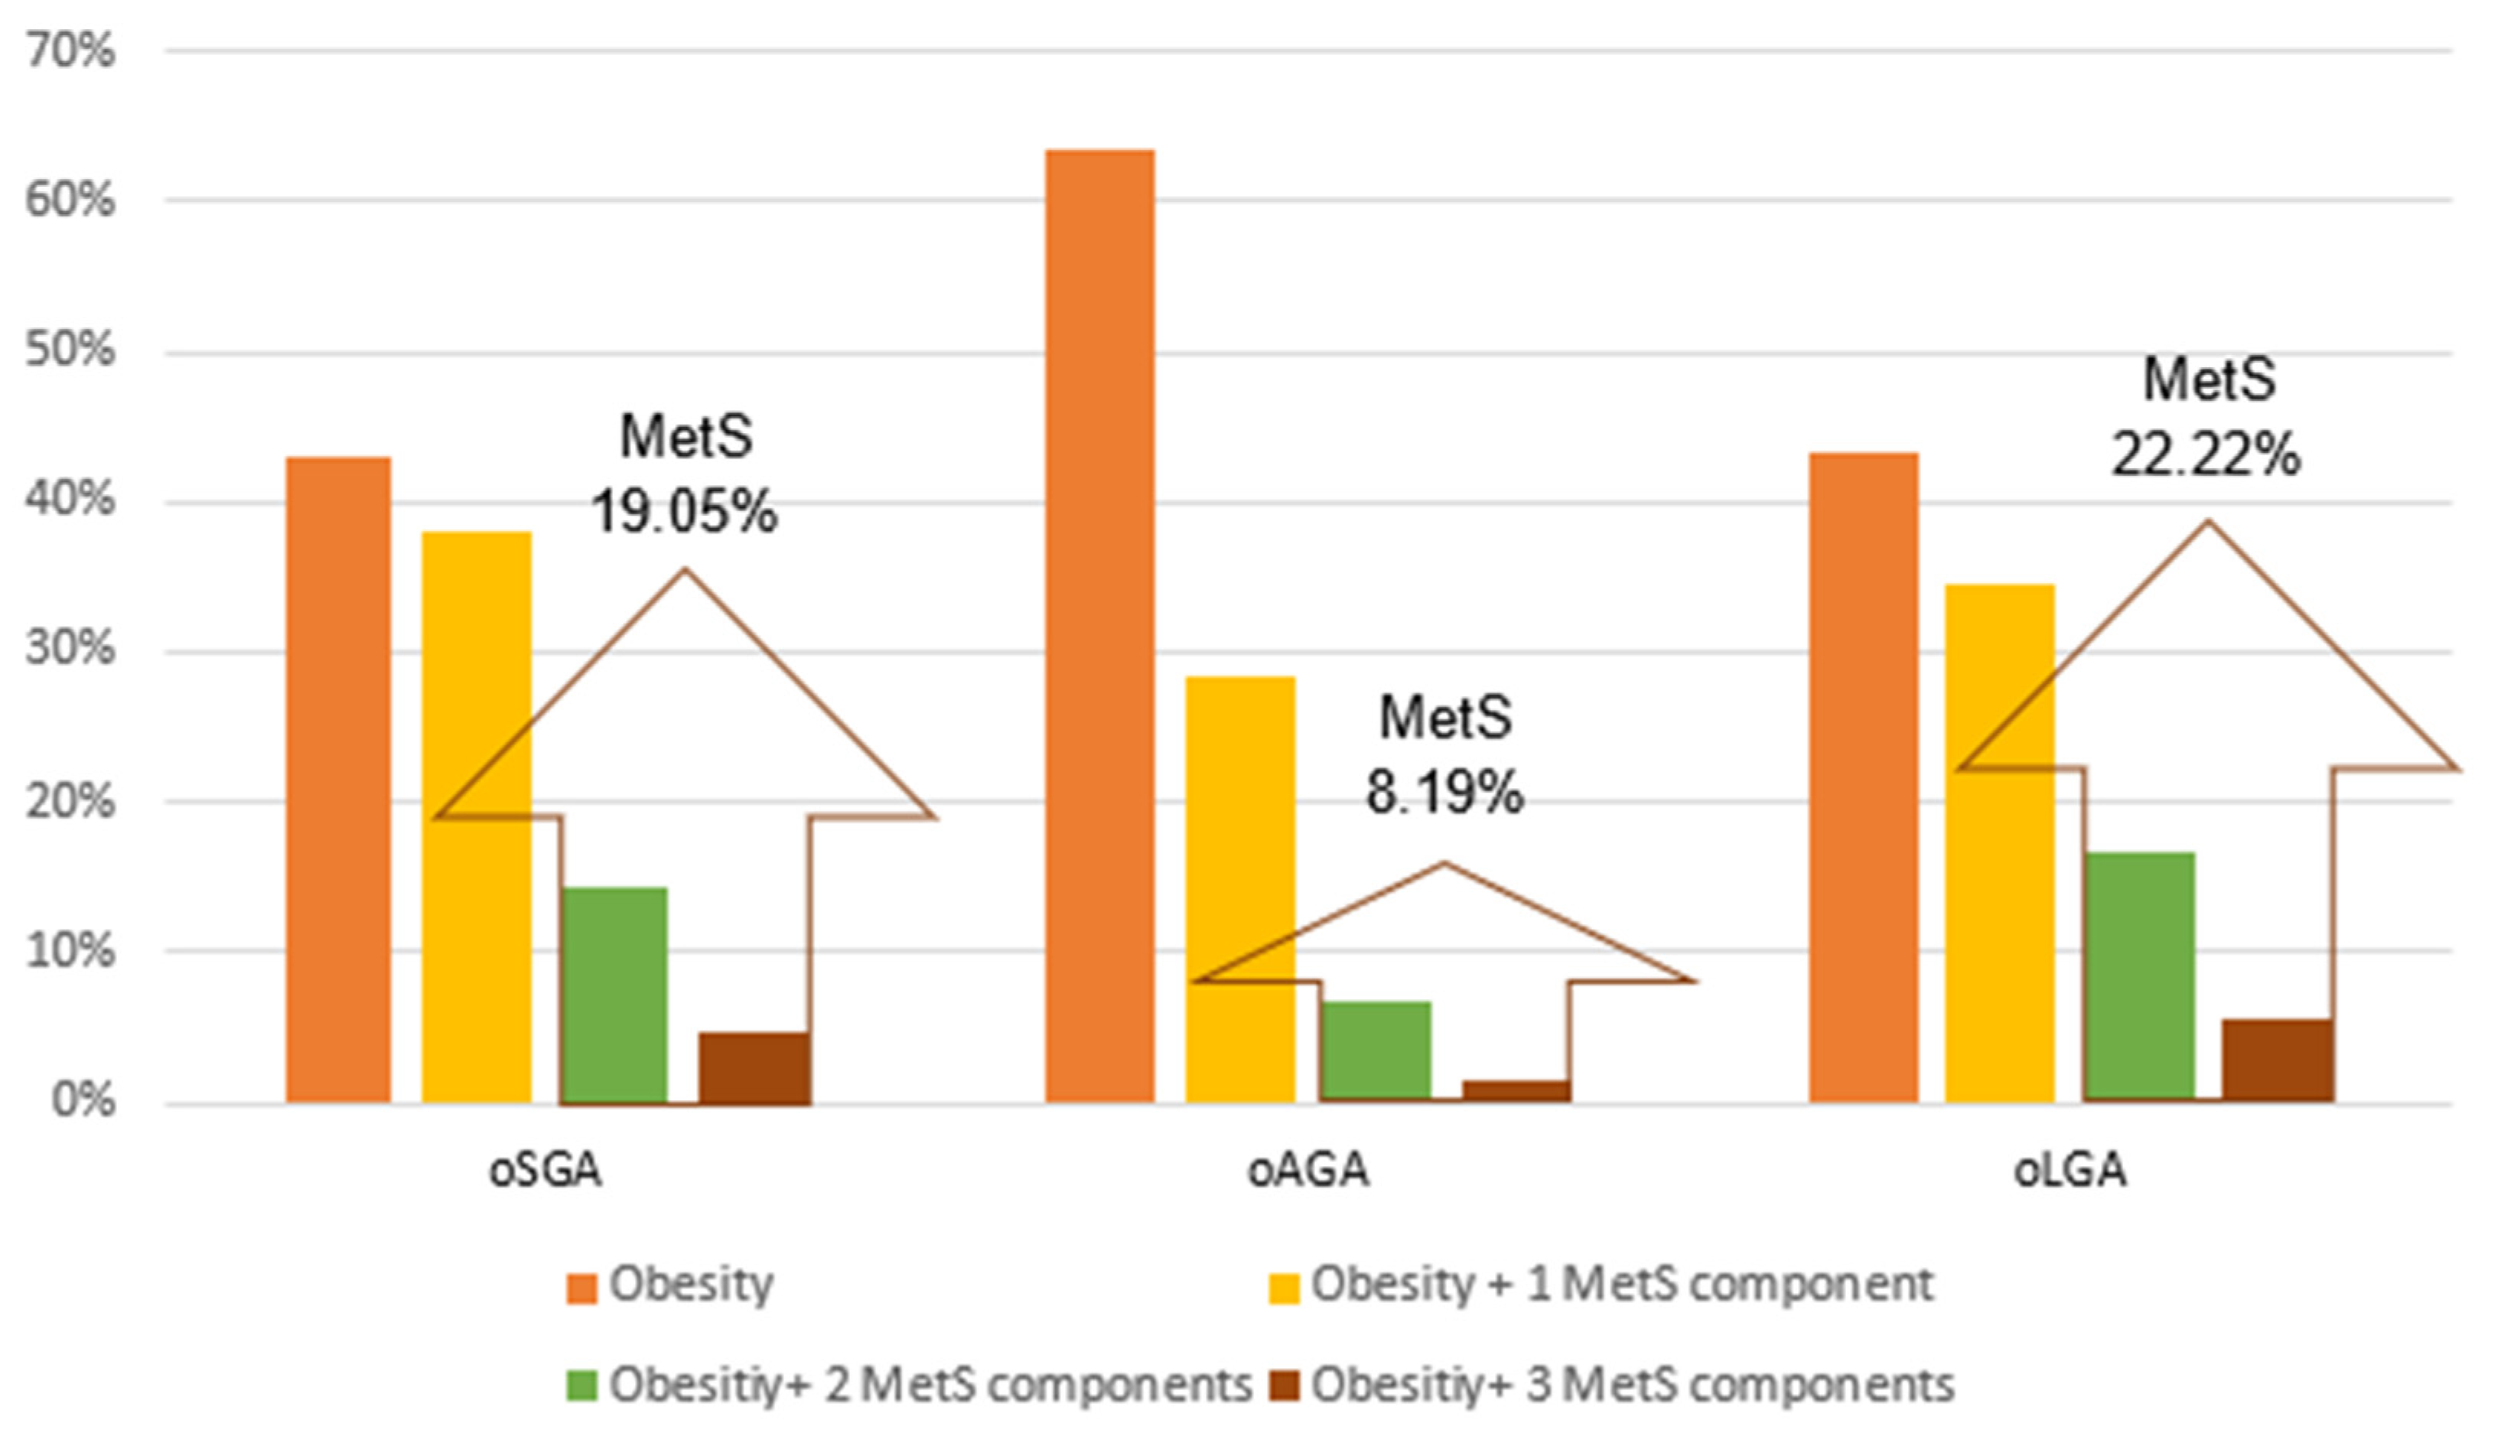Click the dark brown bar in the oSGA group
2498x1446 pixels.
tap(754, 1067)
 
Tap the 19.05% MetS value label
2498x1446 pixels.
tap(684, 513)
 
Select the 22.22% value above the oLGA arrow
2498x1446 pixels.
tap(2206, 457)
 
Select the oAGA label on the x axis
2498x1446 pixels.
tap(1308, 1171)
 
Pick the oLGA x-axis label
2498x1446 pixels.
tap(2070, 1171)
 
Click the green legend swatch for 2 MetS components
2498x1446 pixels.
tap(582, 1386)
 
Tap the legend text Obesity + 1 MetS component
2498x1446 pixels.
tap(1622, 1285)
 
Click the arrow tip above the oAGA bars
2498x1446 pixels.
tap(1444, 865)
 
